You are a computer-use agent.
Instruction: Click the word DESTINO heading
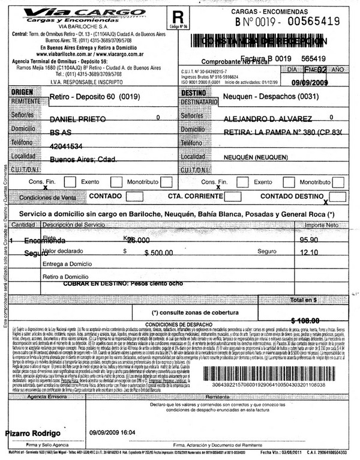tap(193, 94)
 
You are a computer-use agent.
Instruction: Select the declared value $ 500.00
tap(158, 253)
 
